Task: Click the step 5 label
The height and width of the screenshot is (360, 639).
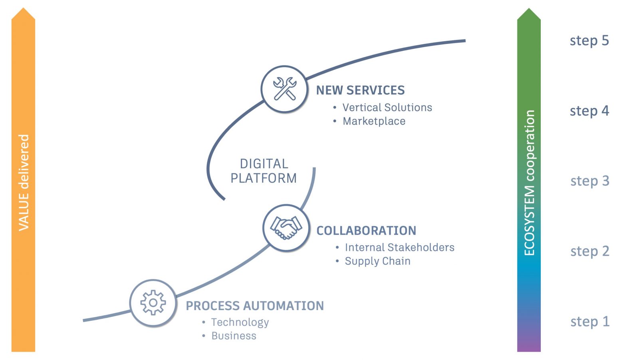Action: pos(589,41)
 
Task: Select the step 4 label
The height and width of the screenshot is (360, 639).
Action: pos(589,111)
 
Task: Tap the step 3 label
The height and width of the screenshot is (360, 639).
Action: pos(589,181)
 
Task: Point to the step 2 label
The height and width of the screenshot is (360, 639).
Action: pos(589,251)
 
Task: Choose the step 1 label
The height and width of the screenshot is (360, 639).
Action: pos(589,322)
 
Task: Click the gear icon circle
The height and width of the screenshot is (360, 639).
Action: pos(153,303)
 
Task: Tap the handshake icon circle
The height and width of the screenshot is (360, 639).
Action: pos(286,228)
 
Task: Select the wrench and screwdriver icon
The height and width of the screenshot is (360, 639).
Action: pos(284,89)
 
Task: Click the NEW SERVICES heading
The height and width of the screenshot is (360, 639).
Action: pos(360,90)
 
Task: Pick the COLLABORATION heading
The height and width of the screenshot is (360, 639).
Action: pos(366,231)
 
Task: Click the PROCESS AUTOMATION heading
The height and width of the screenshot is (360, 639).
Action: pos(255,306)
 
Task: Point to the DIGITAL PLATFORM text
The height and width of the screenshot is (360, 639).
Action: pos(264,171)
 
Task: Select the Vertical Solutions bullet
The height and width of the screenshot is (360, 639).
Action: pos(387,107)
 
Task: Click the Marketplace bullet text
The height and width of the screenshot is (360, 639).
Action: pos(374,121)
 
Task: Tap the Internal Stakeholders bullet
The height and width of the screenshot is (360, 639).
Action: pos(399,247)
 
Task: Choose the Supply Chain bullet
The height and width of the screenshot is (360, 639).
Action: pos(377,261)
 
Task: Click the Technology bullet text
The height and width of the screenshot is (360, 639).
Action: pos(240,322)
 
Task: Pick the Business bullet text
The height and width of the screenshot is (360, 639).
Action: pos(234,336)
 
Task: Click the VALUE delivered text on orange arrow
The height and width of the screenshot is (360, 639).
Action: pos(24,182)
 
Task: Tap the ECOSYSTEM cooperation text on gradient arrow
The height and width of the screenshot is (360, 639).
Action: pos(529,183)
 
